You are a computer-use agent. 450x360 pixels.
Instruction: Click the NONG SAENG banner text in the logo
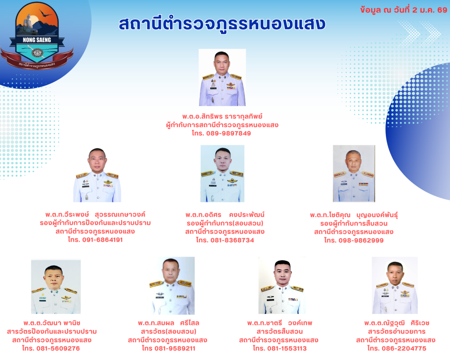coord(37,40)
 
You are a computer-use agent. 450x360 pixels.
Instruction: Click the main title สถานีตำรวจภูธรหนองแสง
coord(222,23)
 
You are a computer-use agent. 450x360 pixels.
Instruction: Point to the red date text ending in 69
coord(403,10)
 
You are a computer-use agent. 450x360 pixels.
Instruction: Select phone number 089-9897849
coord(229,133)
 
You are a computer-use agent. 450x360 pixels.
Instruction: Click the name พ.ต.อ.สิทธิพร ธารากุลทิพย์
coord(222,116)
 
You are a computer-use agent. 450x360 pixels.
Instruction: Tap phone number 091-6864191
coord(102,240)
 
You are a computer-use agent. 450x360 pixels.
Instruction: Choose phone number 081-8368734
coord(232,240)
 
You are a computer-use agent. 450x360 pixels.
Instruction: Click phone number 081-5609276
coord(58,348)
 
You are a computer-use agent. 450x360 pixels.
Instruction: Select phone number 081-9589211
coord(175,348)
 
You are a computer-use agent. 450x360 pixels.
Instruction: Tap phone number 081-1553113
coord(287,348)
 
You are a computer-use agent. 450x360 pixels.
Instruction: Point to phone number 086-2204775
coord(404,348)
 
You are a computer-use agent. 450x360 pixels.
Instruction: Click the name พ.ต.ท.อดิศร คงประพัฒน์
coord(225,215)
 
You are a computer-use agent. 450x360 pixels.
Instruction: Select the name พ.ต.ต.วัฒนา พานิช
coord(52,323)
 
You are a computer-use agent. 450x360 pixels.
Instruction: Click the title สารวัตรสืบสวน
coord(279,331)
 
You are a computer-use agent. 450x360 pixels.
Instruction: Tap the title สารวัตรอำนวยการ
coord(397,331)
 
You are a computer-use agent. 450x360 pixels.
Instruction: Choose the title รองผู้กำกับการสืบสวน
coord(354,223)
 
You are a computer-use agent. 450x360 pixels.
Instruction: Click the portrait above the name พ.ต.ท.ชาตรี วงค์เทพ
coord(282,285)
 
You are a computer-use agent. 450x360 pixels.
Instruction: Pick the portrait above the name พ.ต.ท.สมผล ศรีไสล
coord(172,286)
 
